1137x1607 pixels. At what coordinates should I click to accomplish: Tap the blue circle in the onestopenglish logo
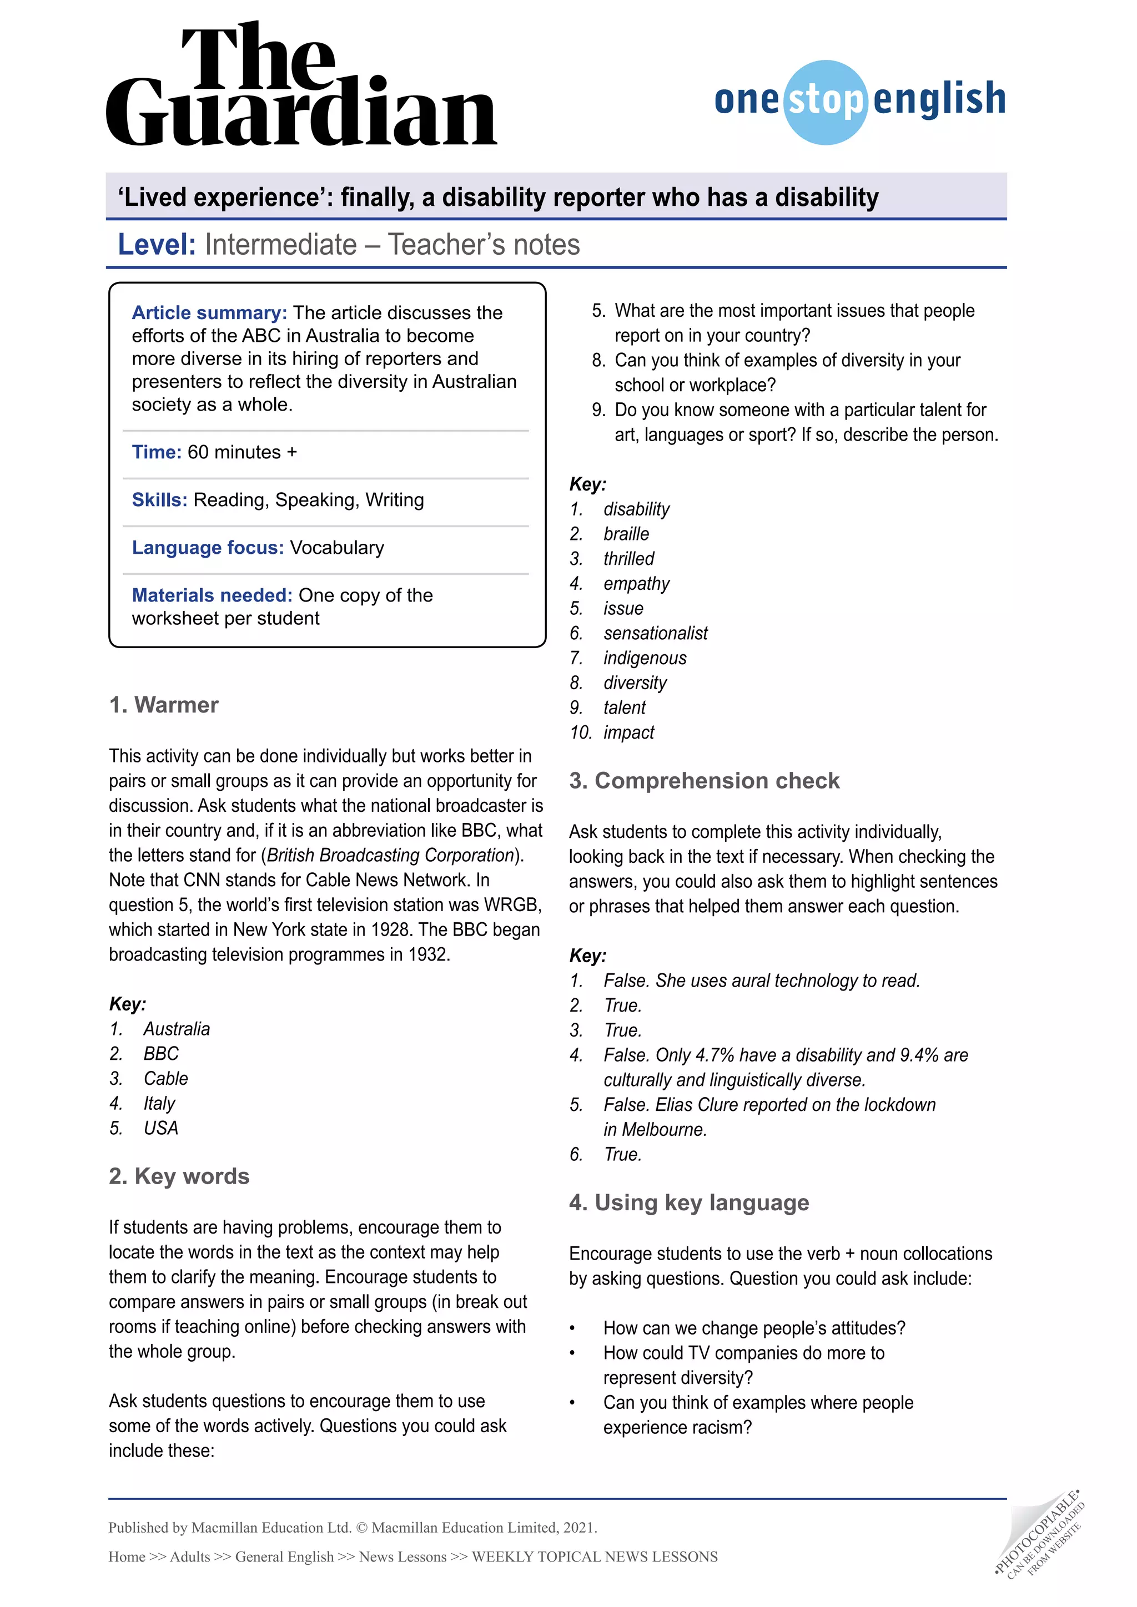(826, 103)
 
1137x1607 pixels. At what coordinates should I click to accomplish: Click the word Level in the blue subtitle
(156, 245)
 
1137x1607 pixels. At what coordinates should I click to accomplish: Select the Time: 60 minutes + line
(214, 452)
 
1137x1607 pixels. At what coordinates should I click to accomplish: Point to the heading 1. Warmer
(164, 705)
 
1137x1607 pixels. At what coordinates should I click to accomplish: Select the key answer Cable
(166, 1079)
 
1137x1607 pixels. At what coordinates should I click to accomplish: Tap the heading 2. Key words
(179, 1176)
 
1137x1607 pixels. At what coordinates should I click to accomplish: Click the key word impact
(628, 733)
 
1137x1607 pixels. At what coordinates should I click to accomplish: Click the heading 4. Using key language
(689, 1203)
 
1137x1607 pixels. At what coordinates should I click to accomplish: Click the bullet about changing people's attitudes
(754, 1328)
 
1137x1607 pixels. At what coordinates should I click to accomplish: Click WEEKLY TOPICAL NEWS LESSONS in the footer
(595, 1557)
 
